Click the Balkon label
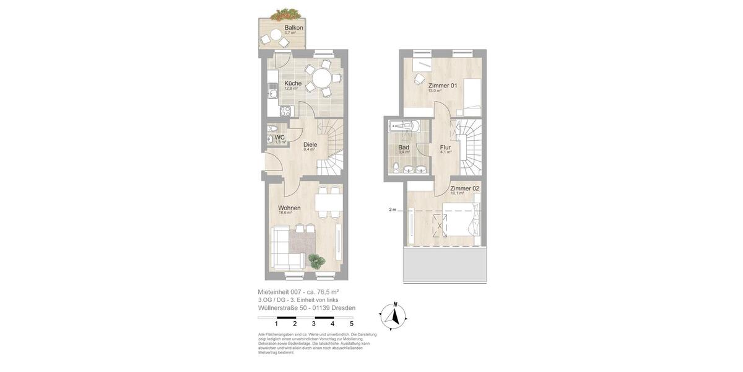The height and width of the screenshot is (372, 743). point(293,28)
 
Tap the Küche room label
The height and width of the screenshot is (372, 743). point(293,83)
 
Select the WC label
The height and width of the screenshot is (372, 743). point(280,138)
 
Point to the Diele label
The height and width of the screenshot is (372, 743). point(310,144)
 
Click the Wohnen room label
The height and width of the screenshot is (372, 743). point(289,208)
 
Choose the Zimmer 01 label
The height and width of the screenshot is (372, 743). point(443,86)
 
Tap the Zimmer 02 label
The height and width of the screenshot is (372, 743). point(464,188)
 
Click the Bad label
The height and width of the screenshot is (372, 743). point(404,148)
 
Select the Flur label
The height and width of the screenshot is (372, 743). point(445,148)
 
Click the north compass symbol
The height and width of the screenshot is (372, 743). point(393,316)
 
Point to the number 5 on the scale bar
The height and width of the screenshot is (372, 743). point(352,324)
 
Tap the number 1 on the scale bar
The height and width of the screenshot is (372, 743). point(276,324)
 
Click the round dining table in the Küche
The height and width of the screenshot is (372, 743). point(321,78)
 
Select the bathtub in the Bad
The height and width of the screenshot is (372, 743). point(404,126)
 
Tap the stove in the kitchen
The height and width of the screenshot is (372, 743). point(285,112)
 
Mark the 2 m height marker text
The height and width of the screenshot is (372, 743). point(392,210)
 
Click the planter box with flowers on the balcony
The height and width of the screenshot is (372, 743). point(285,14)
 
